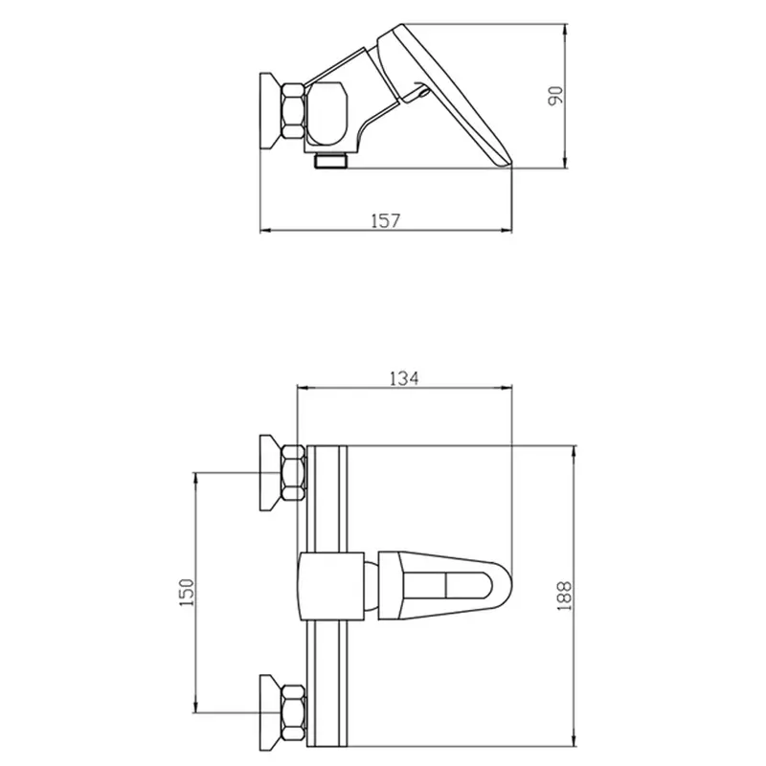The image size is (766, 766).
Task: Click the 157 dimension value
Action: click(x=386, y=221)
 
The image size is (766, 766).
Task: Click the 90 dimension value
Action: click(x=555, y=96)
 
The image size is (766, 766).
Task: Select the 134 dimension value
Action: click(x=404, y=378)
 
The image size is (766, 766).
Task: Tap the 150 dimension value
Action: click(x=187, y=592)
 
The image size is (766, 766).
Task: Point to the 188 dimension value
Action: click(x=564, y=596)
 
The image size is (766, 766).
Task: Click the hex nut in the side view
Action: click(x=293, y=111)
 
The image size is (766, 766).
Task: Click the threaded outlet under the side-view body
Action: click(x=330, y=160)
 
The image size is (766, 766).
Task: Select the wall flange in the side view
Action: click(x=270, y=111)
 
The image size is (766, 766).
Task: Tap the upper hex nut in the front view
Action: click(x=294, y=473)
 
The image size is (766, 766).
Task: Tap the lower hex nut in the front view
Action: click(x=294, y=712)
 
